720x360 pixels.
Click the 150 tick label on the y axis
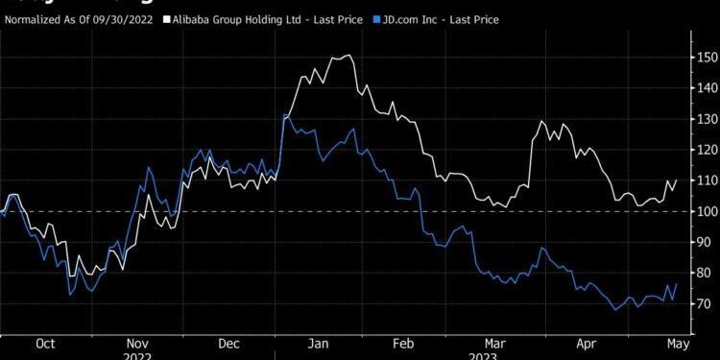(x=707, y=58)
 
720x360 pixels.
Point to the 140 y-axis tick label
(x=707, y=88)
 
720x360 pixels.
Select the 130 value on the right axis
(x=707, y=119)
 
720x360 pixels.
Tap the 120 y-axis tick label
(x=707, y=150)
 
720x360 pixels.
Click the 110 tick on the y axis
(x=707, y=180)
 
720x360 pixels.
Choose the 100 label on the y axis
(x=707, y=211)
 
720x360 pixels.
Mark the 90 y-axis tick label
(x=707, y=242)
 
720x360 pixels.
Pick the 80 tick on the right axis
(x=707, y=273)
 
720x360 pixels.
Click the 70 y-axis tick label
(x=707, y=303)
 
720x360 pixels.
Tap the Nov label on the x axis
(x=137, y=343)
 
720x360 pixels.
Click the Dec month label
(x=228, y=343)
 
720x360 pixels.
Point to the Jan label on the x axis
(x=321, y=343)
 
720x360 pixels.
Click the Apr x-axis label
(x=585, y=343)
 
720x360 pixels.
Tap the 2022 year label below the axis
(x=137, y=354)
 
